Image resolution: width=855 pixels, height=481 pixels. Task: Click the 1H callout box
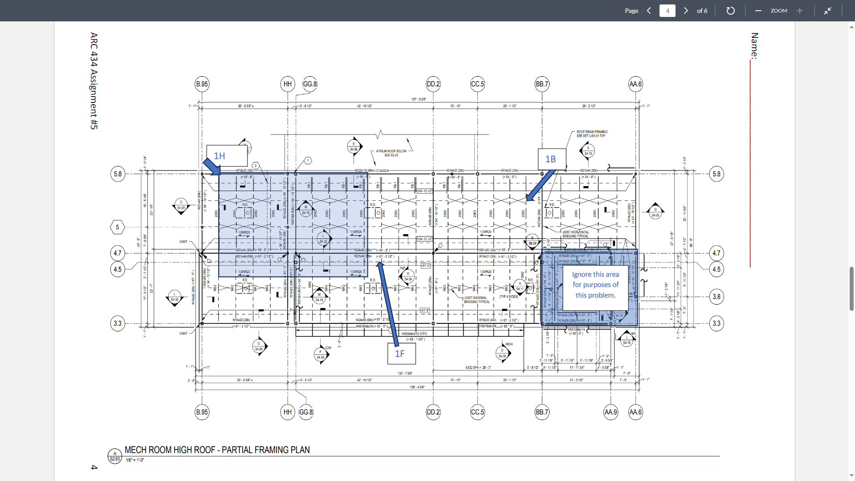(227, 156)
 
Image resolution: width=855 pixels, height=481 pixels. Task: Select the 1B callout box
(552, 159)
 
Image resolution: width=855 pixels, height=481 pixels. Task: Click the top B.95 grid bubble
(202, 84)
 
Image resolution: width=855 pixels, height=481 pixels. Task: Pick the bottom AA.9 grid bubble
(611, 412)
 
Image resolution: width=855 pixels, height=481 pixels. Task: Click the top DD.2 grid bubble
(433, 84)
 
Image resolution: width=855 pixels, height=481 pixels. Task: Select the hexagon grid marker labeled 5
(118, 227)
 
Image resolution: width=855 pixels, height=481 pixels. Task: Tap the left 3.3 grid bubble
(118, 323)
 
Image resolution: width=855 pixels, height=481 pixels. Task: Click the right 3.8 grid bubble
(716, 297)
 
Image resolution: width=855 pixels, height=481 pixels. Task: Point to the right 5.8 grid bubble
(716, 174)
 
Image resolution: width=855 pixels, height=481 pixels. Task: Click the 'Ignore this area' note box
(595, 285)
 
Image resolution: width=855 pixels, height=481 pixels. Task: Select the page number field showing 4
(667, 11)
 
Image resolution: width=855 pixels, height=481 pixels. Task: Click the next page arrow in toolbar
(686, 11)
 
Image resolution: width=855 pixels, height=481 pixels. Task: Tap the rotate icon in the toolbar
(730, 11)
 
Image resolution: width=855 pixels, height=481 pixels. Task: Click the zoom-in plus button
(800, 11)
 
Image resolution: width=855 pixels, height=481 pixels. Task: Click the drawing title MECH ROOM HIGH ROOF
(217, 450)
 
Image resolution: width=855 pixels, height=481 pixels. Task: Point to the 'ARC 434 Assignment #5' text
(94, 81)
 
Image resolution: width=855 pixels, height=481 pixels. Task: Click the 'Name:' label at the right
(754, 45)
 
